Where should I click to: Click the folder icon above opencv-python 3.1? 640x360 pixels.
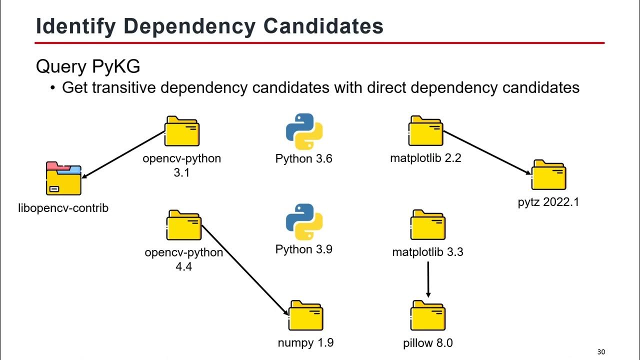[x=182, y=131]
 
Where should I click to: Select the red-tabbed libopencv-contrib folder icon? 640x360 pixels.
[x=63, y=178]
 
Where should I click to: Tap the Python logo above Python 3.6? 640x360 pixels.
[x=304, y=131]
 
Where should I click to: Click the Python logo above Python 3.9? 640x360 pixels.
[x=304, y=222]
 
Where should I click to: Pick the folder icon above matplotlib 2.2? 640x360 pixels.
[x=426, y=131]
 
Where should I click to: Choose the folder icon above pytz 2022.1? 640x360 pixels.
[x=548, y=175]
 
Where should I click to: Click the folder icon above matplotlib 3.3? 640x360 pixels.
[x=428, y=225]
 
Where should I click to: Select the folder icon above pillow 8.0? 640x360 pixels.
[x=428, y=315]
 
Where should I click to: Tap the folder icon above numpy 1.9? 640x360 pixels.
[x=306, y=315]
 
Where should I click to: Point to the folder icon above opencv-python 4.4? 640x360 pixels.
[x=183, y=225]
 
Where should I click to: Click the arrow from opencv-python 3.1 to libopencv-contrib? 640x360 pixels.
[x=123, y=154]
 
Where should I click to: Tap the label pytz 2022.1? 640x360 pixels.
[x=548, y=202]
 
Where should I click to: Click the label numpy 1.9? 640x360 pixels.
[x=305, y=343]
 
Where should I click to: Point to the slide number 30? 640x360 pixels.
[x=601, y=352]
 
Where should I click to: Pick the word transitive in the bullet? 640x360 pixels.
[x=129, y=88]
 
